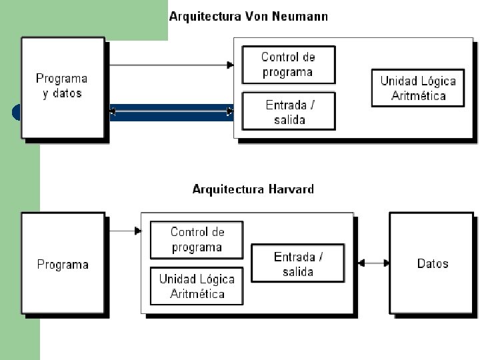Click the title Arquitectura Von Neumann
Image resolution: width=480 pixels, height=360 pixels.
click(248, 17)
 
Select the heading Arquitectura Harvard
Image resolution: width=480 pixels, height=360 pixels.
click(253, 189)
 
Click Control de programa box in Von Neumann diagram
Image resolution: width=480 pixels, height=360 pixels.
click(288, 65)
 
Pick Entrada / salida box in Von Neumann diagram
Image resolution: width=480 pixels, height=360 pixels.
click(289, 111)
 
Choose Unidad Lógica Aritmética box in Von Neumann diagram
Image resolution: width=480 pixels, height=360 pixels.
click(418, 88)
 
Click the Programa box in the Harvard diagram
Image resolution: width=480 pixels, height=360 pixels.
click(63, 264)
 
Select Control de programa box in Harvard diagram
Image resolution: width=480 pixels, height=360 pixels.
click(197, 240)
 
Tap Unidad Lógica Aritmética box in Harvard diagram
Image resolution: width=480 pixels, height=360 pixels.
click(197, 287)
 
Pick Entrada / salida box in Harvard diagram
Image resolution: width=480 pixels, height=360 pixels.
click(298, 264)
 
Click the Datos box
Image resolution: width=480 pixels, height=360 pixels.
click(433, 263)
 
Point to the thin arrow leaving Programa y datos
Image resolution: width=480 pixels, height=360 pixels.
click(170, 65)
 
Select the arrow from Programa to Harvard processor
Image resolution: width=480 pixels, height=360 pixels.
click(124, 231)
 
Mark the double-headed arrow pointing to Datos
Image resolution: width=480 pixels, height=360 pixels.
click(373, 263)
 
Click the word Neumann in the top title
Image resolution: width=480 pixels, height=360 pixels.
click(301, 17)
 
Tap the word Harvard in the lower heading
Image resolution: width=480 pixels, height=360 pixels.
click(291, 189)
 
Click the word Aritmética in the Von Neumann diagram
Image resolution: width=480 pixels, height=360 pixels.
click(418, 95)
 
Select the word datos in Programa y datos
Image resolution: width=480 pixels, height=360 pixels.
click(67, 94)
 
